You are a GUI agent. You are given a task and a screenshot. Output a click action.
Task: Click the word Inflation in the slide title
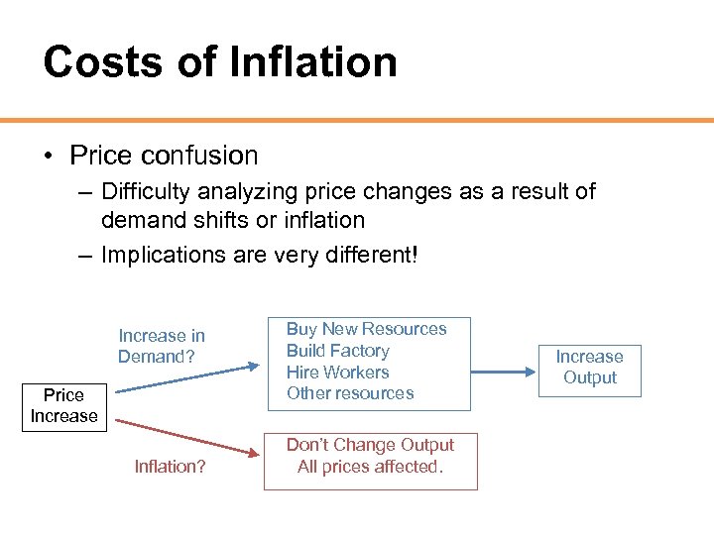click(312, 61)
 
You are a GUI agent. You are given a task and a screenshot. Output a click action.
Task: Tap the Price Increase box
click(63, 406)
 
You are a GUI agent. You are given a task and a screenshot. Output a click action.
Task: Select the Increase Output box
click(589, 368)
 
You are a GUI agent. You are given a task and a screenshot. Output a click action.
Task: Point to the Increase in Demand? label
click(161, 346)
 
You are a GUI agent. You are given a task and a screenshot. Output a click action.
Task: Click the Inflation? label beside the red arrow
click(170, 465)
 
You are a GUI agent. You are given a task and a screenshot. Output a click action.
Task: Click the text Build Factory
click(337, 351)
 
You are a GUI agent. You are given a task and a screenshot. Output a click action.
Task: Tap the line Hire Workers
click(337, 373)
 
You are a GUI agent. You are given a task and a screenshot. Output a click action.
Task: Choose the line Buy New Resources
click(366, 329)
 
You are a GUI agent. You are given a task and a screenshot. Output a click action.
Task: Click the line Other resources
click(349, 393)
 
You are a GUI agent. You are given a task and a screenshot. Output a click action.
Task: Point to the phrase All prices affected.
click(370, 467)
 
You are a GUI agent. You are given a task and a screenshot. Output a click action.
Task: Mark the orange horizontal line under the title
click(357, 120)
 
